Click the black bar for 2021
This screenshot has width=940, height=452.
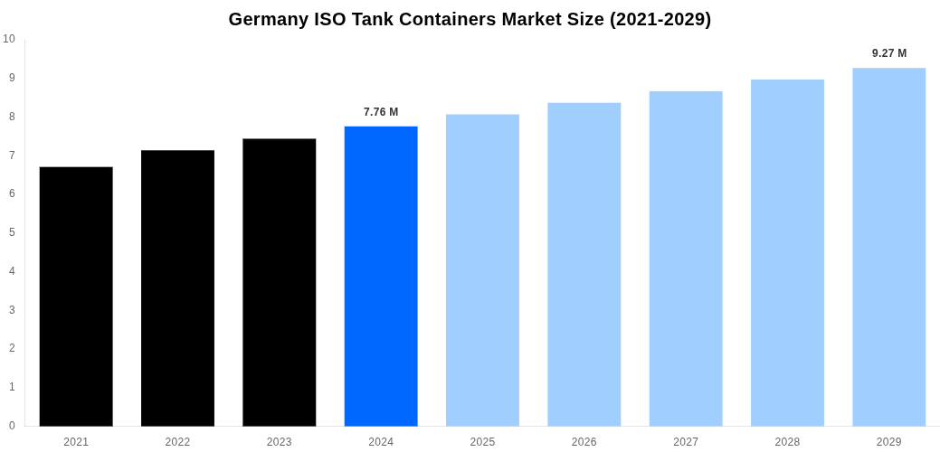click(76, 297)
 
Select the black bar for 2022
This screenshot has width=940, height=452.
click(177, 288)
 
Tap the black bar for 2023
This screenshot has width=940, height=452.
click(279, 282)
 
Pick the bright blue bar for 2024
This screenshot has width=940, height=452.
click(381, 276)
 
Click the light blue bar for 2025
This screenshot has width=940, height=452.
click(482, 270)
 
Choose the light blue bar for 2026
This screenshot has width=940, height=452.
click(584, 264)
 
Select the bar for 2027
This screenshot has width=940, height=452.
click(686, 259)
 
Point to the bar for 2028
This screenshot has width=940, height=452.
click(787, 253)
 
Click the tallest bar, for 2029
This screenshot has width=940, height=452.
click(888, 247)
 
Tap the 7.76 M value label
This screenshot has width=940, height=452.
click(381, 112)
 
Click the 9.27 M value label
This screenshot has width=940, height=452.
click(888, 53)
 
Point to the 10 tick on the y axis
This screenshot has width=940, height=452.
click(9, 39)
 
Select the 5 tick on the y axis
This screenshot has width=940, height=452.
click(12, 232)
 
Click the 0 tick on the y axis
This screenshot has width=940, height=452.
click(12, 426)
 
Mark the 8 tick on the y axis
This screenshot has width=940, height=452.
click(12, 117)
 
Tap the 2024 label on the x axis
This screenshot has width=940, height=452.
click(381, 442)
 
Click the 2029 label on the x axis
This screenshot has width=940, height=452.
click(888, 442)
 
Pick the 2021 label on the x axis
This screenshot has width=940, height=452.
click(76, 442)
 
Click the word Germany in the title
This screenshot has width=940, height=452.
click(269, 19)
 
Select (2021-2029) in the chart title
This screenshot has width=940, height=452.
click(660, 19)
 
